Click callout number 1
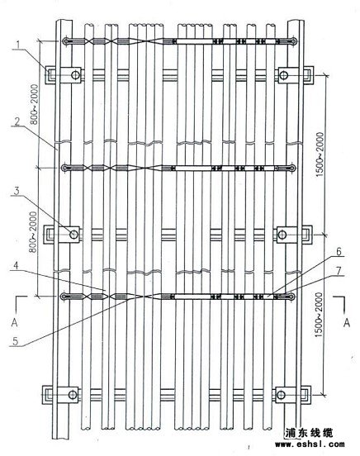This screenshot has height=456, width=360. tap(18, 45)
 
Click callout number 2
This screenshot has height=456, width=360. tap(18, 121)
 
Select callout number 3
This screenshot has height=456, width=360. tap(17, 191)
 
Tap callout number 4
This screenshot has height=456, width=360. tap(17, 266)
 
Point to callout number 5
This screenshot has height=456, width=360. tap(16, 341)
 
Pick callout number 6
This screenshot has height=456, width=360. tap(339, 251)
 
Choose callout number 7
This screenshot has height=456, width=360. tap(339, 270)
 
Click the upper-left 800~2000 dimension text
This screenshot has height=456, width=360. tap(35, 104)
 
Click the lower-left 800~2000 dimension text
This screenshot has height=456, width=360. tap(34, 232)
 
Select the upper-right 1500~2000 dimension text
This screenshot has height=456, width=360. tap(320, 154)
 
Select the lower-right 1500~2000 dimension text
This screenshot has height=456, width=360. tap(319, 315)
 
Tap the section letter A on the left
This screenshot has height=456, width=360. tap(15, 322)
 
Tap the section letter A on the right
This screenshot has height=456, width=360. tap(346, 322)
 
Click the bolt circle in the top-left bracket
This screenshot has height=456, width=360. tap(76, 74)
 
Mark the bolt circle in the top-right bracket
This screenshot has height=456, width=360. tap(284, 75)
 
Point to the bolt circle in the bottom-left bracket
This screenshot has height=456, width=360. tap(73, 395)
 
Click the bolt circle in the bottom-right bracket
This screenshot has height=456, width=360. tap(281, 395)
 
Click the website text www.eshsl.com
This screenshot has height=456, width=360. tap(310, 444)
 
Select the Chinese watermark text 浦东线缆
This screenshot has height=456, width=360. tap(309, 433)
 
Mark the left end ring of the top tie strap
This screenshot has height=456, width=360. tap(66, 41)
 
